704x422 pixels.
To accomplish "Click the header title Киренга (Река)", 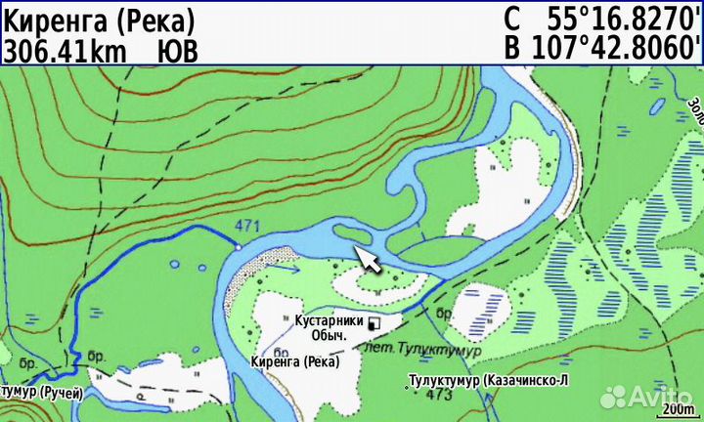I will [99, 19].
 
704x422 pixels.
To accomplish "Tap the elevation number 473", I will [439, 395].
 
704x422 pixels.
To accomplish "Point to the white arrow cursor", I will [368, 259].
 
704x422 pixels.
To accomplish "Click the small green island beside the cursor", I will [351, 233].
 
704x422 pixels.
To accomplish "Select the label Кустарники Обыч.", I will [328, 327].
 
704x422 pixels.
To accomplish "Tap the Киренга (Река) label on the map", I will [294, 361].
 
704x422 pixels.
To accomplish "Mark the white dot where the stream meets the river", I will [237, 249].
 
